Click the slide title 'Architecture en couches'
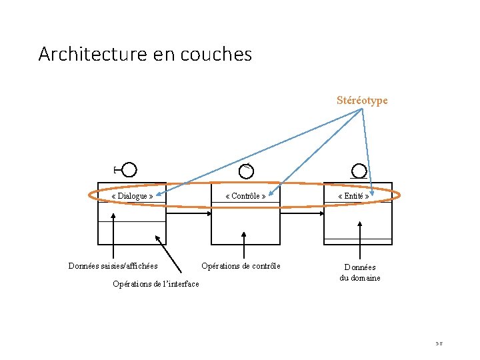[x=145, y=53]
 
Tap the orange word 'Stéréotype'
[x=362, y=101]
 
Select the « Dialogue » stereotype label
[x=133, y=196]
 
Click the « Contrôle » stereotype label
[x=246, y=196]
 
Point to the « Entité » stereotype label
[x=353, y=196]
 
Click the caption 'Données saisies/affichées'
[x=113, y=266]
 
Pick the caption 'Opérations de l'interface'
[x=156, y=284]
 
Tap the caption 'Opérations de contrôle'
[x=241, y=266]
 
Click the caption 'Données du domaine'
[x=360, y=273]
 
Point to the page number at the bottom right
[x=439, y=344]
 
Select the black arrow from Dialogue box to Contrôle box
[x=189, y=213]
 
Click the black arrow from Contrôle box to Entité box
[x=302, y=213]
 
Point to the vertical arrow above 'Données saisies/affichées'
[x=113, y=236]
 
